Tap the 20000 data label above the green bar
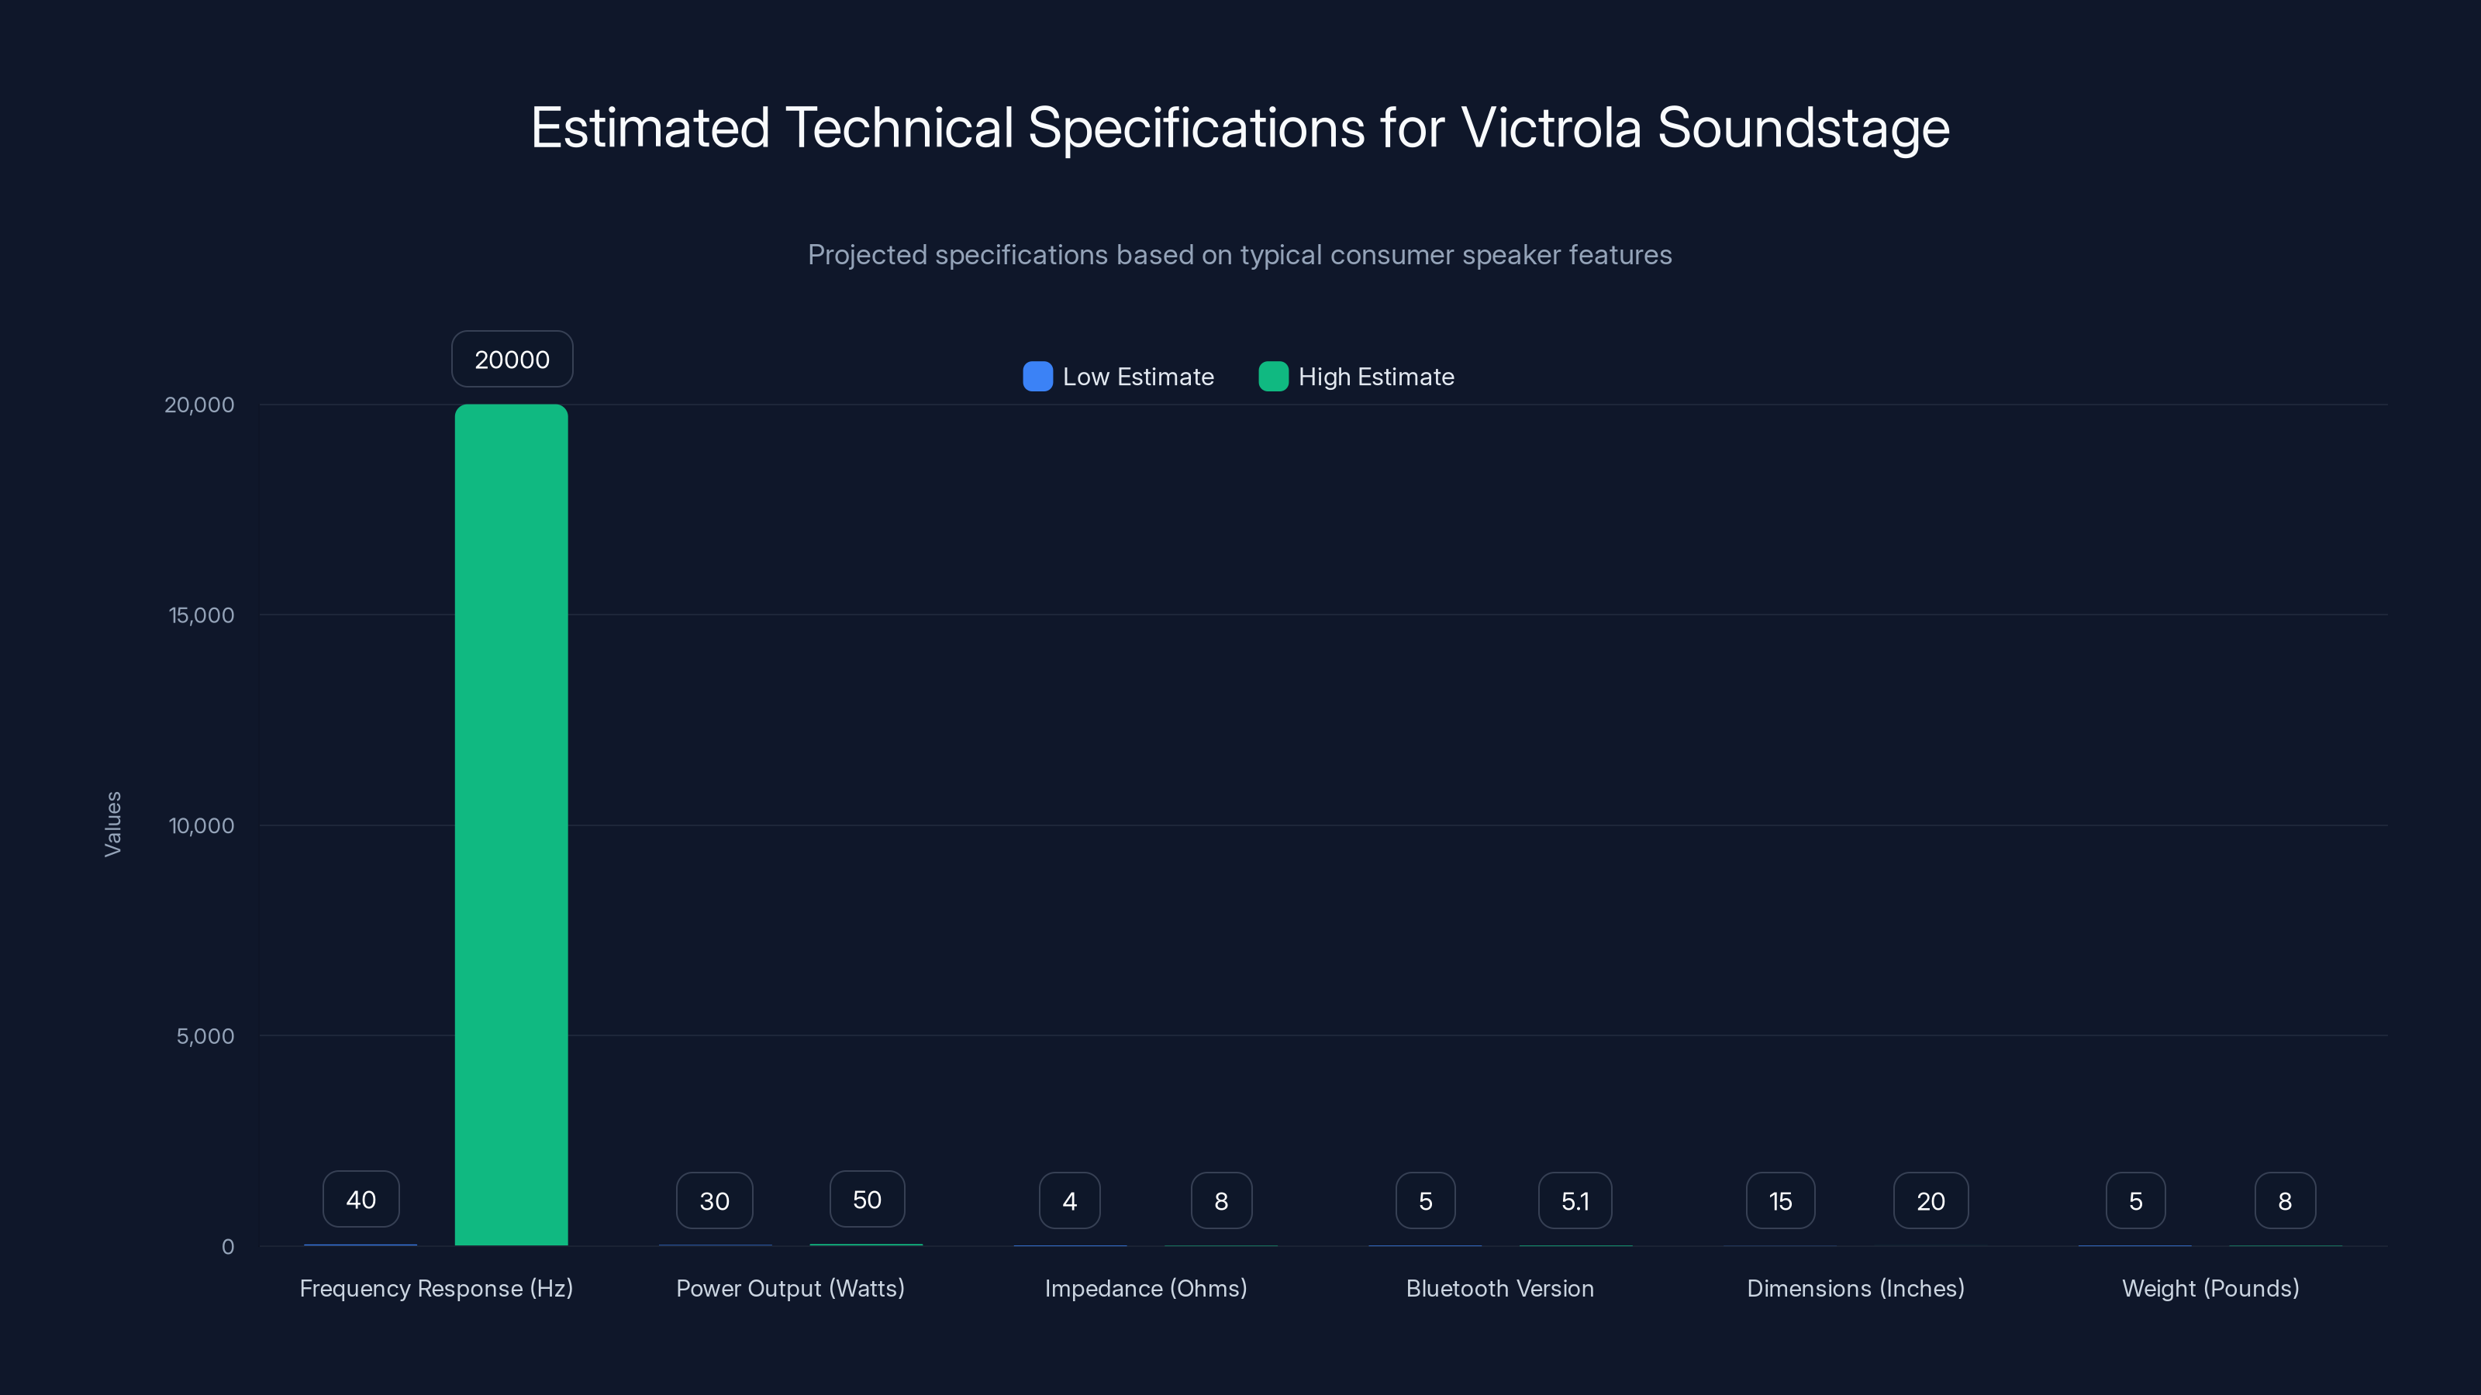point(512,359)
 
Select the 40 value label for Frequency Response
point(361,1200)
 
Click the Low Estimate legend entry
point(1119,377)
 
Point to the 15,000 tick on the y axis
point(202,615)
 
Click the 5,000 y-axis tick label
point(204,1036)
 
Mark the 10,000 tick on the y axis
point(202,825)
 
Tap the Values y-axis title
point(112,824)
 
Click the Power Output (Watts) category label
point(790,1288)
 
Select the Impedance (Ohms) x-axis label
point(1145,1288)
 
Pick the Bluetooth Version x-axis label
point(1499,1288)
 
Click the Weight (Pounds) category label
point(2210,1288)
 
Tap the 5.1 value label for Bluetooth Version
point(1575,1200)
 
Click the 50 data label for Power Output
point(867,1200)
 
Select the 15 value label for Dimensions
point(1780,1200)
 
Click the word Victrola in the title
point(1551,128)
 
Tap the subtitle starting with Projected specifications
point(1240,255)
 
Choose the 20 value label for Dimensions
point(1930,1200)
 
